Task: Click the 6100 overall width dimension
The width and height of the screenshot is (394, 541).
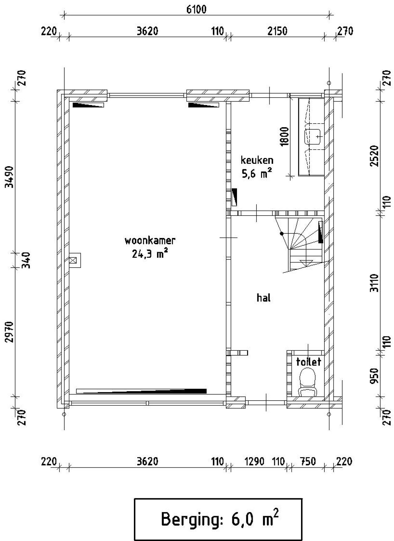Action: (x=196, y=9)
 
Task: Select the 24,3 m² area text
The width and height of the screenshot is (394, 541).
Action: (x=150, y=254)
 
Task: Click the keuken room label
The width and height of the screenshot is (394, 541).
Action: (x=257, y=160)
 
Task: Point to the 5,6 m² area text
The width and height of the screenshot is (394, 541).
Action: (x=257, y=174)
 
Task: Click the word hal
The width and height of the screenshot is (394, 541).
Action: (x=263, y=298)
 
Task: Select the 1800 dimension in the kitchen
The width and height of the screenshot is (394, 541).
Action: (x=285, y=136)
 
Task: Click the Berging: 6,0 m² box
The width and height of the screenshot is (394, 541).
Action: (x=218, y=519)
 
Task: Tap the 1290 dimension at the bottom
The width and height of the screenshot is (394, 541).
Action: (x=254, y=462)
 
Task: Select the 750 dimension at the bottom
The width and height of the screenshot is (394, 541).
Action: (x=308, y=462)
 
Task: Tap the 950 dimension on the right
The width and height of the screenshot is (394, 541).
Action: (x=374, y=376)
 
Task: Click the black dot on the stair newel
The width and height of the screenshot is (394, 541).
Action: (x=281, y=234)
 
